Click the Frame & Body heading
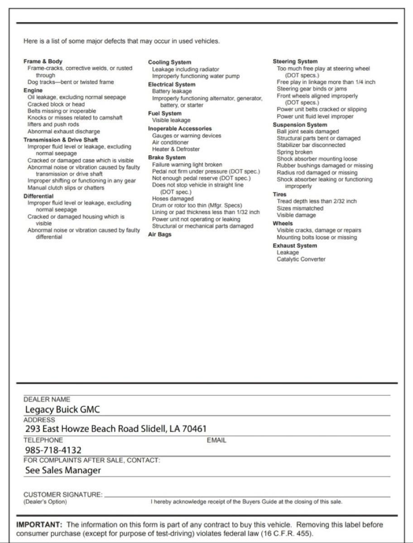(43, 61)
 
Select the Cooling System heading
(169, 62)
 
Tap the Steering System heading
(295, 61)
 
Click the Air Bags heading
(160, 234)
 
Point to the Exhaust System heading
(295, 246)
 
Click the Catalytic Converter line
(301, 259)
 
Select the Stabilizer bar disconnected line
(311, 145)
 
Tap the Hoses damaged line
(173, 199)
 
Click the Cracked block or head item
(56, 104)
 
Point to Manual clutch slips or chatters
(66, 187)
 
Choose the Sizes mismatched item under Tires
(300, 208)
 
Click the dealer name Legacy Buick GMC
(62, 410)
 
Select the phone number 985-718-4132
(53, 450)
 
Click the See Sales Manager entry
(63, 470)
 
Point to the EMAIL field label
(216, 440)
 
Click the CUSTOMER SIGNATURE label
(62, 495)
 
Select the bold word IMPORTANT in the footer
(39, 525)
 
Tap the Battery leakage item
(172, 91)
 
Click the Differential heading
(38, 196)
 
